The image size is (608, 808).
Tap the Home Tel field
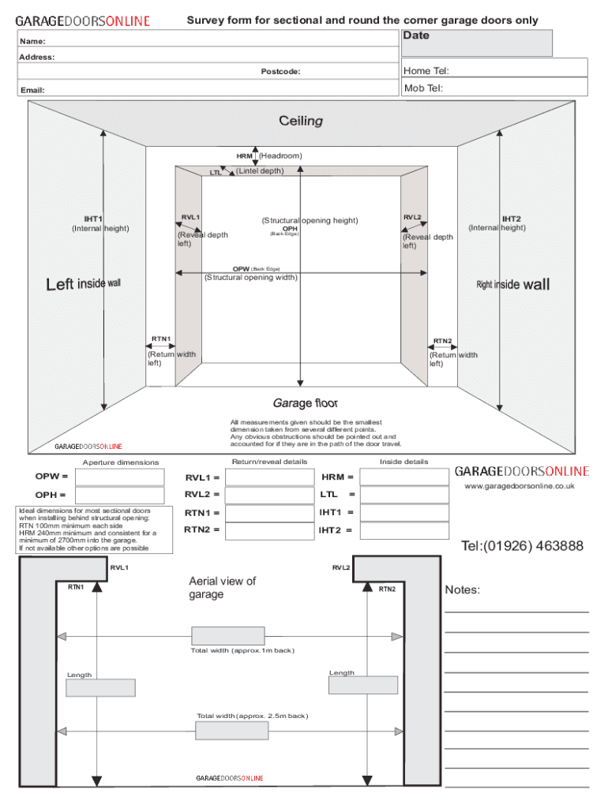495,70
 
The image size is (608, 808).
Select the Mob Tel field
495,88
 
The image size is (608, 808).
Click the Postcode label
280,72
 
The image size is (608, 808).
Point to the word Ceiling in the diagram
301,122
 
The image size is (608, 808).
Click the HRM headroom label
244,156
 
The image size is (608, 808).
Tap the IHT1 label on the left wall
94,219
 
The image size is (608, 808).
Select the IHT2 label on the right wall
512,219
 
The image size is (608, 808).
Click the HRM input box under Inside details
392,477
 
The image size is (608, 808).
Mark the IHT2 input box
392,530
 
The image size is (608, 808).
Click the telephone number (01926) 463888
523,546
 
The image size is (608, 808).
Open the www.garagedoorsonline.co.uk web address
519,486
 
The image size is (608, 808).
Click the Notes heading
463,590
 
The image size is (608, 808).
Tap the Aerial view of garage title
223,588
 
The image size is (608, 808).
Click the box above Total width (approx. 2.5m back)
231,731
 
